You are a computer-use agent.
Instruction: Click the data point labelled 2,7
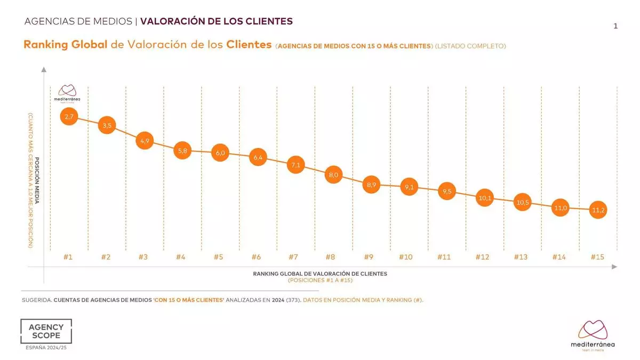click(69, 116)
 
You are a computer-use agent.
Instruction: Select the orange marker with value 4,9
click(145, 141)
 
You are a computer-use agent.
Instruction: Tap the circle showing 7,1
click(295, 165)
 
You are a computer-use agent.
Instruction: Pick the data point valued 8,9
click(371, 185)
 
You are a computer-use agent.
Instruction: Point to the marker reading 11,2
click(598, 211)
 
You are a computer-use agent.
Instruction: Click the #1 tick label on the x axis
click(68, 257)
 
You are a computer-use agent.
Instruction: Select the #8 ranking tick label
click(330, 257)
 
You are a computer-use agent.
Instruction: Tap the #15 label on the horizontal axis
click(597, 257)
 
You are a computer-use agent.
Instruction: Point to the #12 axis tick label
click(482, 257)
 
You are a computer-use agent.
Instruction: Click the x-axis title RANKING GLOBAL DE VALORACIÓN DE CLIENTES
click(320, 274)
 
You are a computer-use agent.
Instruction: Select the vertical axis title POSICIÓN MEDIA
click(37, 181)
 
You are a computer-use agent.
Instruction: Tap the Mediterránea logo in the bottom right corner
click(592, 334)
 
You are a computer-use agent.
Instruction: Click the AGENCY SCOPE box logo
click(46, 331)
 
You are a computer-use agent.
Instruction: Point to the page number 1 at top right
click(615, 26)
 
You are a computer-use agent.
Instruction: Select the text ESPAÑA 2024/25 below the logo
click(46, 348)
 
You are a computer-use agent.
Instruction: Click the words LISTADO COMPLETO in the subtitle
click(470, 46)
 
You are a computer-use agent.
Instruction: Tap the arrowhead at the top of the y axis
click(44, 69)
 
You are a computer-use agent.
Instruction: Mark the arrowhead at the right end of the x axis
click(614, 266)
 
